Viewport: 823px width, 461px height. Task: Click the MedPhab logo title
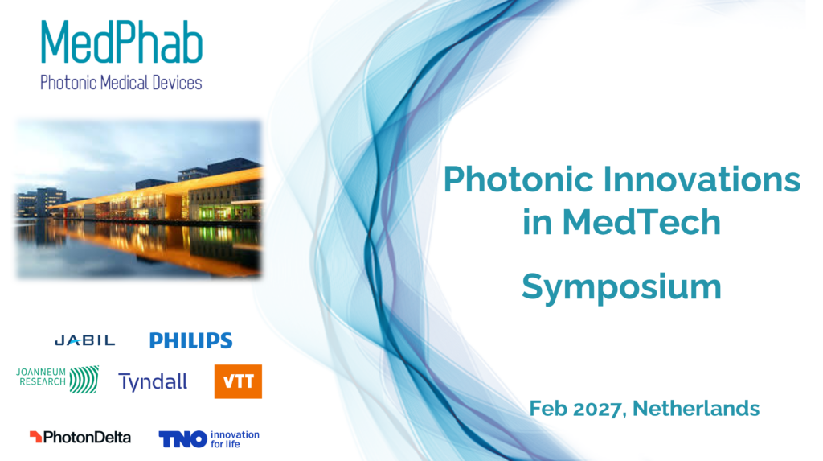pos(122,43)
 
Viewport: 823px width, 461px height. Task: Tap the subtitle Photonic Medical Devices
pos(121,83)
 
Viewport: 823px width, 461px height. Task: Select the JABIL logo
pos(85,340)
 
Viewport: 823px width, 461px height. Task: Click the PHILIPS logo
pos(191,340)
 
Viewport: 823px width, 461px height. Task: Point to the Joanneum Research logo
pos(57,380)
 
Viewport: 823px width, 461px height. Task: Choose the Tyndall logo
pos(153,382)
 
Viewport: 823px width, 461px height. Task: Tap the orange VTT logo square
pos(238,381)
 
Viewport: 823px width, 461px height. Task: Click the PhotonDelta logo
pos(80,438)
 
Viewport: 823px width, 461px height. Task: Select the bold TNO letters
pos(182,439)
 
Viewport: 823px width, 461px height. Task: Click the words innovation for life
pos(235,439)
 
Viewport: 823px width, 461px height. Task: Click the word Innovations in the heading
pos(702,179)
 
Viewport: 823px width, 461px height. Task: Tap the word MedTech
pos(641,222)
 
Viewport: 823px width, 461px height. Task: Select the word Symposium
pos(621,287)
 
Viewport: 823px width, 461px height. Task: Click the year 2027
pos(597,409)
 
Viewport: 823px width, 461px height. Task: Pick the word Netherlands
pos(696,409)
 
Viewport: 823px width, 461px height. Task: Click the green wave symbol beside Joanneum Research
pos(84,380)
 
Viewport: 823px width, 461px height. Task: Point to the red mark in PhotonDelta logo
pos(35,437)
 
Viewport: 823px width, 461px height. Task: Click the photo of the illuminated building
pos(138,199)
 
